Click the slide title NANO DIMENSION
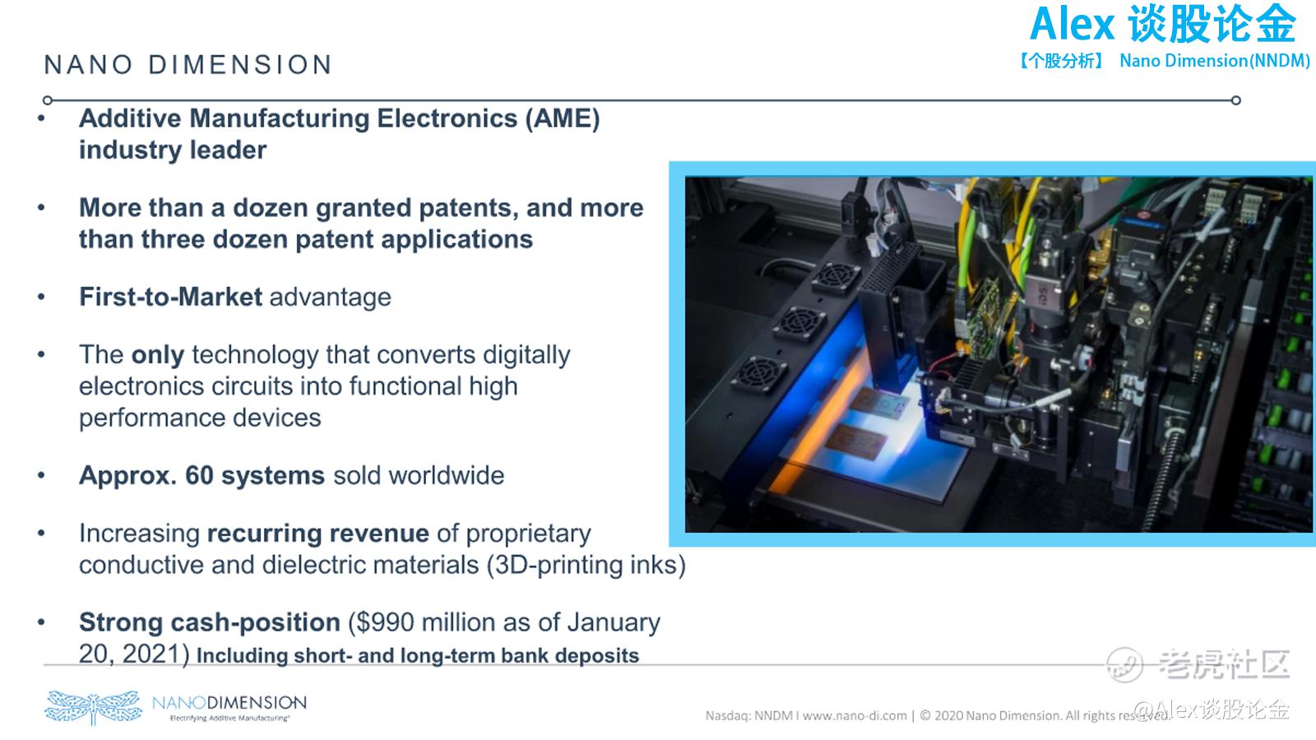(188, 65)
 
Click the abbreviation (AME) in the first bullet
(563, 118)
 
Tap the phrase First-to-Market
(170, 297)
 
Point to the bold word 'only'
(157, 355)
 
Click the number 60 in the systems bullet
(199, 475)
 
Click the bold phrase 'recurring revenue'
(317, 534)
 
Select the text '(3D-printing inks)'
(586, 565)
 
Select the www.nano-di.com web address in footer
(855, 716)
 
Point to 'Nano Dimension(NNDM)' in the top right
(1215, 61)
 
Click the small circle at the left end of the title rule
(48, 100)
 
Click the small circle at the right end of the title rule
(1236, 100)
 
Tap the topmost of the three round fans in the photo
(836, 276)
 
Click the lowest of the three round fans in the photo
(759, 373)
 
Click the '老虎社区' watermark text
(1224, 664)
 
